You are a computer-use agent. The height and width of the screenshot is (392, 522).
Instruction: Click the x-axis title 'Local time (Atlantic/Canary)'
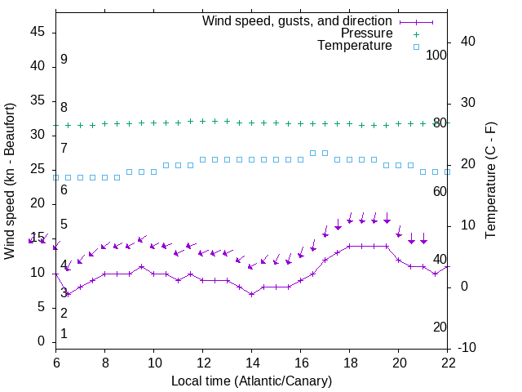coord(251,381)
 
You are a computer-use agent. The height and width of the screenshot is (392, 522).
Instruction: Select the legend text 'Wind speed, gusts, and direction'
coord(298,20)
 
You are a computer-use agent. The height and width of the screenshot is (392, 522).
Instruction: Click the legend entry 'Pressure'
coord(366,33)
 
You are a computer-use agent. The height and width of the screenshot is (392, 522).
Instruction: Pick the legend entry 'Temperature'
coord(355,46)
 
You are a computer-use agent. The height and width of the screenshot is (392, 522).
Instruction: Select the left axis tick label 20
coord(38,204)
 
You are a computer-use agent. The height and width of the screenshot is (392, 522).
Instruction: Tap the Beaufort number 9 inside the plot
coord(64,60)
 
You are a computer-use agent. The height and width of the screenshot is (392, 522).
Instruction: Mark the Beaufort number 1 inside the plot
coord(64,334)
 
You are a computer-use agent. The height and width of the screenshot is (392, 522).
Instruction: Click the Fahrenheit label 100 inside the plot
coord(437,55)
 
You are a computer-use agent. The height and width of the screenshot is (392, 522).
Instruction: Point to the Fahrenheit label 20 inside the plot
coord(440,327)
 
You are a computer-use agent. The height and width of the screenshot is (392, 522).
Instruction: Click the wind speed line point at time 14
coord(252,294)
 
